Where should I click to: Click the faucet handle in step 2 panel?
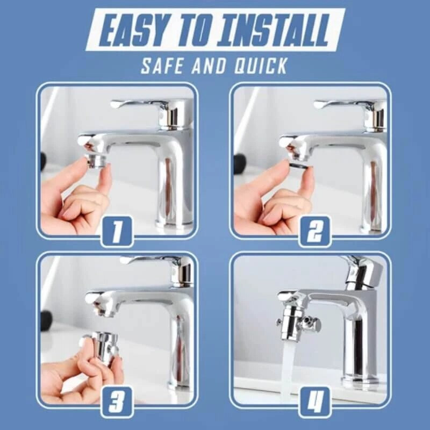tap(344, 103)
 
